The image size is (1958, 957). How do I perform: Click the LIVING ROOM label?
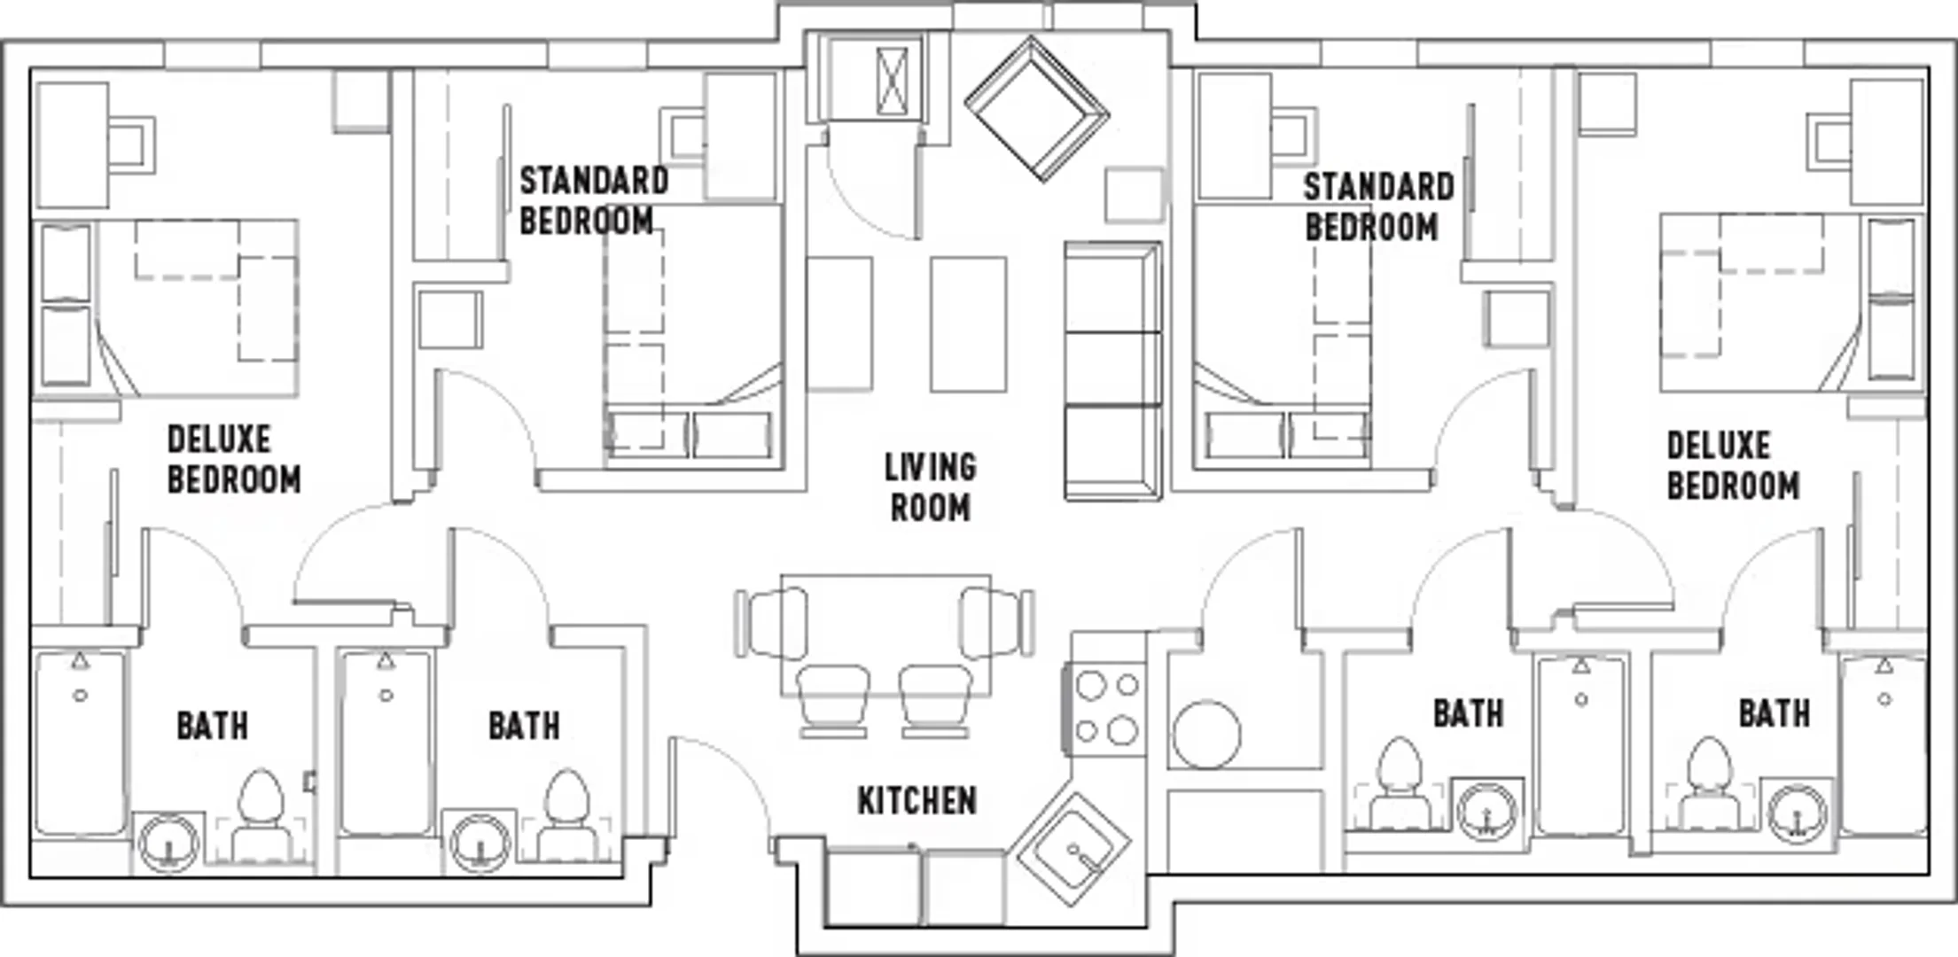tap(930, 487)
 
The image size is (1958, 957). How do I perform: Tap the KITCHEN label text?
tap(917, 801)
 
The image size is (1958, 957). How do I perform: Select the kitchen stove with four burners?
tap(1105, 707)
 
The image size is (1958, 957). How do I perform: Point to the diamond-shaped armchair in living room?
tap(1036, 108)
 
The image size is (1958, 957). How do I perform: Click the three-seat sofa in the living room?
tap(1113, 370)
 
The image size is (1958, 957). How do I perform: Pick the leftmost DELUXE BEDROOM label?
tap(234, 459)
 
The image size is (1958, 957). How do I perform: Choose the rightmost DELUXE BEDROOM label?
tap(1733, 465)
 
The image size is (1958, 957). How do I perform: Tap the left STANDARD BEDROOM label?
tap(594, 200)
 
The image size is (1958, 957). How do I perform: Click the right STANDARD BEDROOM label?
tap(1378, 206)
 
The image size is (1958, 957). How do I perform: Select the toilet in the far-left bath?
tap(261, 817)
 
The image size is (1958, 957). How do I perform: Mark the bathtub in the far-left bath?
tap(80, 743)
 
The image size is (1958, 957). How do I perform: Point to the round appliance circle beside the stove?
tap(1206, 734)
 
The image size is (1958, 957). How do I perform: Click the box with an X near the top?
tap(892, 82)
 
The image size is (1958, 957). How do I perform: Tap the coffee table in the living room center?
tap(968, 324)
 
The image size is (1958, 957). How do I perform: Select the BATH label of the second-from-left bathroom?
tap(524, 726)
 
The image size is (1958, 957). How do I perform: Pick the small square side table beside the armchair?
tap(1134, 195)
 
